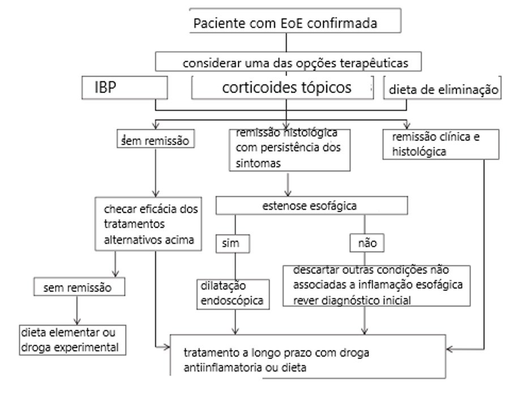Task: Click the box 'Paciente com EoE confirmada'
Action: coord(295,20)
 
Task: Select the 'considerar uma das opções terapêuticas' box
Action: coord(288,61)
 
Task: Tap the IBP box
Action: coord(125,88)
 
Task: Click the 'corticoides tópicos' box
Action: coord(283,88)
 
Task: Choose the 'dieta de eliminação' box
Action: coord(442,88)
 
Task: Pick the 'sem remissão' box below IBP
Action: coord(156,139)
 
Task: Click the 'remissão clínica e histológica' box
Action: coord(441,145)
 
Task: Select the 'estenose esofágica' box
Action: coord(311,205)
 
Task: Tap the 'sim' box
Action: coord(233,243)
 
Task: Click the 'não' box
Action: coord(367,243)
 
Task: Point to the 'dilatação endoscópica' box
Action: coord(233,294)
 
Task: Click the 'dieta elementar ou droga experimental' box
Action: coord(72,340)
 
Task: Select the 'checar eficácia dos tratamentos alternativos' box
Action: coord(148,224)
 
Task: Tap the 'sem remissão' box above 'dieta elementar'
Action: coord(79,286)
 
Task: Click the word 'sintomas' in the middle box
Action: coord(258,163)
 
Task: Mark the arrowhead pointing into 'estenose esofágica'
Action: coord(288,193)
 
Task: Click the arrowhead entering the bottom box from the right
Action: coord(450,349)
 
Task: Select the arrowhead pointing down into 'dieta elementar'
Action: coord(77,322)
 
